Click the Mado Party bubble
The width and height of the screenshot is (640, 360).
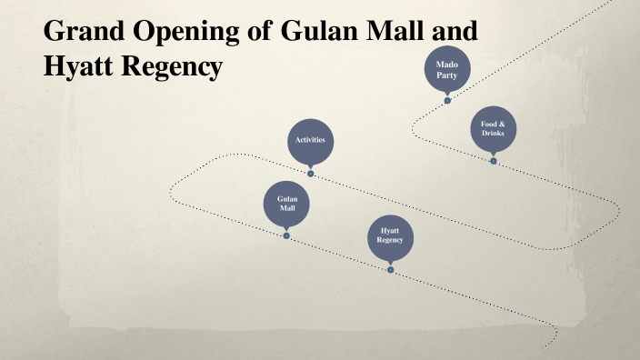click(447, 70)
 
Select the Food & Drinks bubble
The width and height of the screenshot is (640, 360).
click(494, 130)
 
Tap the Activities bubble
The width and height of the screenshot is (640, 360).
click(310, 140)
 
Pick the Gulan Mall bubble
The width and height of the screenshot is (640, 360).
click(286, 204)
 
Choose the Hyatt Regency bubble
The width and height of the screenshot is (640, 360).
click(390, 236)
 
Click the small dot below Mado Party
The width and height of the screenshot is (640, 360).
click(447, 100)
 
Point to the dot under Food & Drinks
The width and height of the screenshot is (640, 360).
click(494, 161)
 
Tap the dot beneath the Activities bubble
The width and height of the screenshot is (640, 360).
click(310, 173)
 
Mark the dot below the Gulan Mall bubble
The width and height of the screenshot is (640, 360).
click(286, 235)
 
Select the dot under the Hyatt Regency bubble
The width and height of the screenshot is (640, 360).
click(390, 269)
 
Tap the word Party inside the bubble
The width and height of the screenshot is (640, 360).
click(447, 75)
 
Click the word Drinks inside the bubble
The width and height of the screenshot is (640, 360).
click(494, 135)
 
